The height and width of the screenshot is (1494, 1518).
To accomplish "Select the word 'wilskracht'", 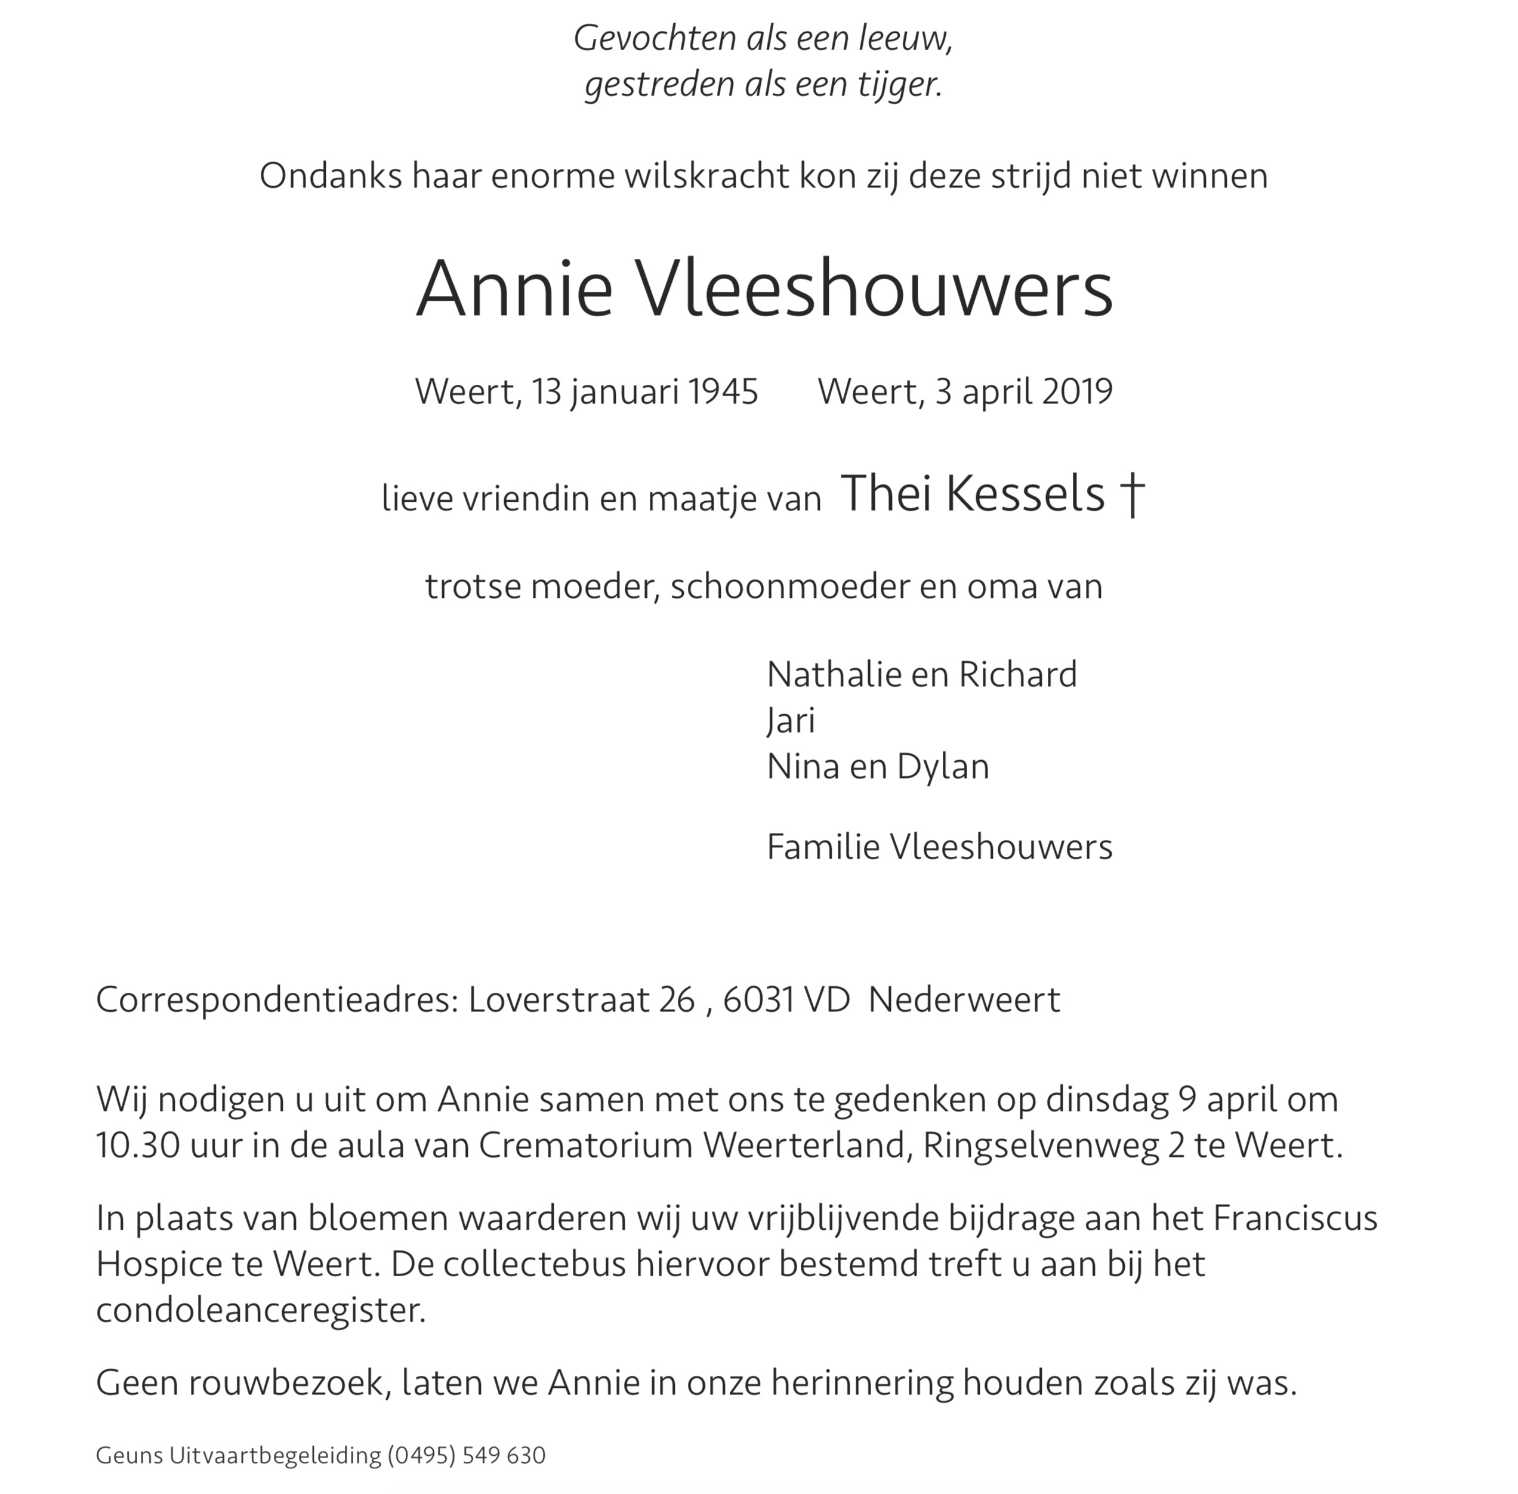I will [x=707, y=177].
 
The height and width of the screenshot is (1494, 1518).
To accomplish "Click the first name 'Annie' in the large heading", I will [x=513, y=289].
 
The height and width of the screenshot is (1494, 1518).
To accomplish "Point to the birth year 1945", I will [x=723, y=391].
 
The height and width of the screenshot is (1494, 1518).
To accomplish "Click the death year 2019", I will [x=1077, y=391].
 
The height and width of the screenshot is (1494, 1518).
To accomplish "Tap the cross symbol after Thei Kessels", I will [x=1132, y=496].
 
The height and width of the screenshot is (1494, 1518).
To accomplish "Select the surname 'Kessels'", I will [x=1025, y=495].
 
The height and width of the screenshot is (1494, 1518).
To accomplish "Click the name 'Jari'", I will [x=791, y=720].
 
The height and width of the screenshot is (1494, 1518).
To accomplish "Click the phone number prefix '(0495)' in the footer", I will [x=421, y=1456].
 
